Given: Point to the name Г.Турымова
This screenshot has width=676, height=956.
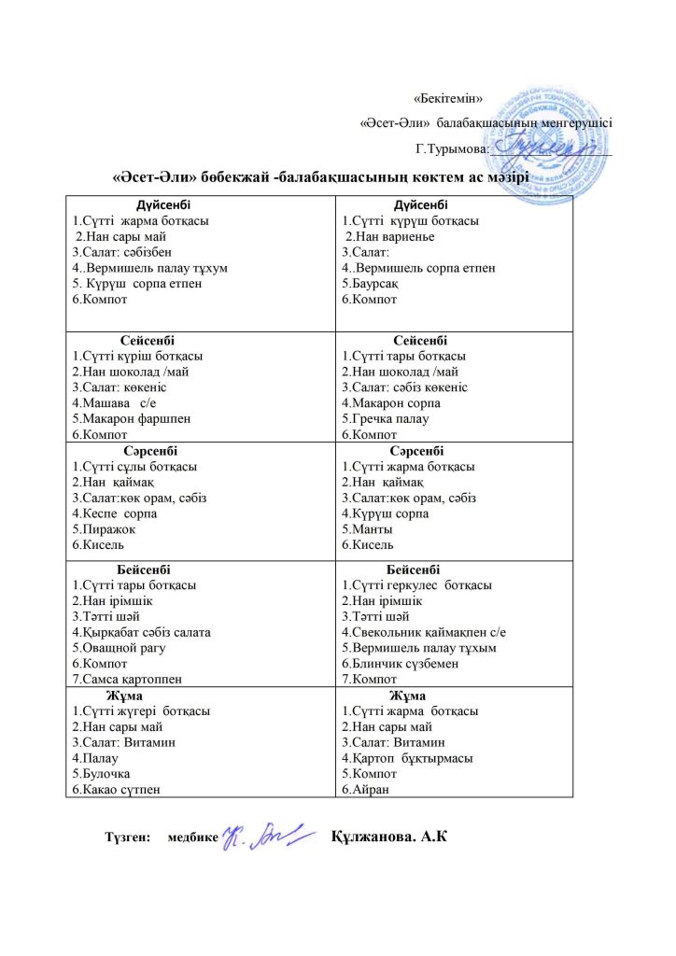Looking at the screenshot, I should pyautogui.click(x=451, y=148).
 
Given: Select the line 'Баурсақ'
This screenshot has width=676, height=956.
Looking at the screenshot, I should pyautogui.click(x=371, y=284).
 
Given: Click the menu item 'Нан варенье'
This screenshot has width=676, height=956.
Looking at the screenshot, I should pyautogui.click(x=384, y=237).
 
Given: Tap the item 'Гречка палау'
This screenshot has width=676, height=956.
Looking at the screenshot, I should pyautogui.click(x=384, y=419).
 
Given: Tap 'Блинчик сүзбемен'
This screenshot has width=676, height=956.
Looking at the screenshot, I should pyautogui.click(x=397, y=664).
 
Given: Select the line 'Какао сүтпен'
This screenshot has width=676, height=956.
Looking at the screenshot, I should pyautogui.click(x=117, y=790).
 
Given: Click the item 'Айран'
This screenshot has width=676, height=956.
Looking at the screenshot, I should pyautogui.click(x=365, y=790).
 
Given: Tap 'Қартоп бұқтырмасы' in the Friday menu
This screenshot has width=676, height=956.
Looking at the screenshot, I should pyautogui.click(x=406, y=758).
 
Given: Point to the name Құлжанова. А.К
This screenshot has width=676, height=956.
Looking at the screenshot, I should pyautogui.click(x=390, y=835).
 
